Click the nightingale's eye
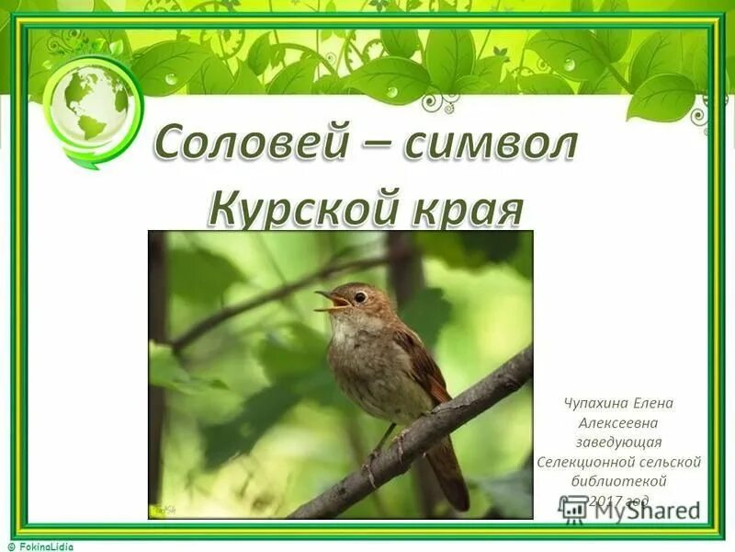(x=360, y=296)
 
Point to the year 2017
(x=606, y=500)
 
